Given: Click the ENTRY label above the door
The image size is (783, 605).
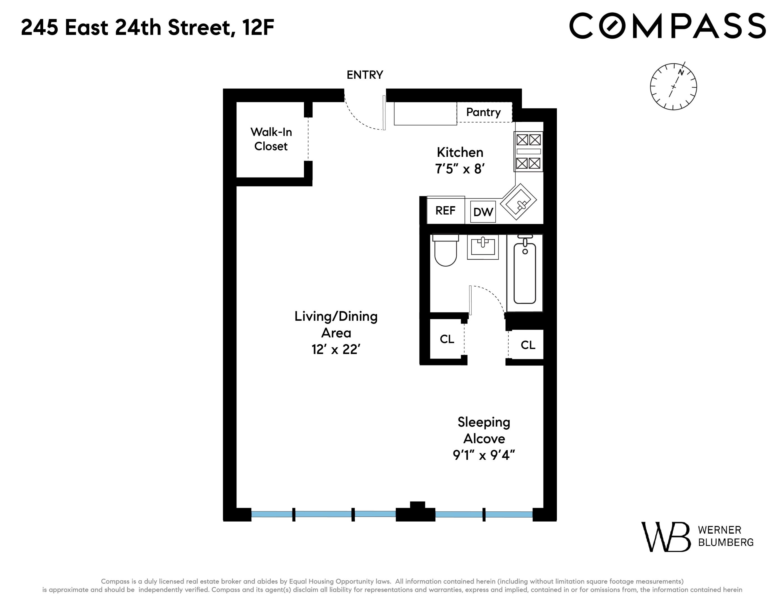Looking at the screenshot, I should tap(365, 75).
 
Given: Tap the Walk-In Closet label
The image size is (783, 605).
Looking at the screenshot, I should tap(271, 139).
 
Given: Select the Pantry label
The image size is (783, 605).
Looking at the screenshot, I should tap(483, 112).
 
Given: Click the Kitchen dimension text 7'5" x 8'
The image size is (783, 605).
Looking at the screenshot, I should tap(460, 169).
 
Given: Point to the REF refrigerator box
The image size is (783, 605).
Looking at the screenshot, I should tap(445, 210).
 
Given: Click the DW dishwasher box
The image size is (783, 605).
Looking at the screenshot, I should tap(483, 212).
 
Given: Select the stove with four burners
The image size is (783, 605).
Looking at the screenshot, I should tap(528, 152).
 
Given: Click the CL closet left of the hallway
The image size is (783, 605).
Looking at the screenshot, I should tap(447, 339).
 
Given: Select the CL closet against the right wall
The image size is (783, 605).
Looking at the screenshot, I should tap(528, 345).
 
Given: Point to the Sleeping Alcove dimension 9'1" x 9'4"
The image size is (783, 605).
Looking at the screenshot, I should tap(484, 455).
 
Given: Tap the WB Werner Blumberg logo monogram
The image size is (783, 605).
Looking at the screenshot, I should tap(665, 537).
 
